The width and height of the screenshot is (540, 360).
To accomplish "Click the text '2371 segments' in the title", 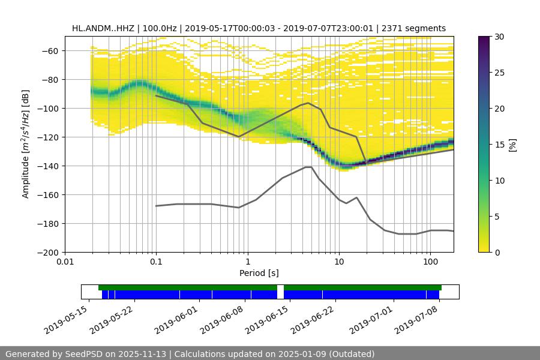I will (x=413, y=28).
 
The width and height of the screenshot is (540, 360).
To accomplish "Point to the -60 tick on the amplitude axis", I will (x=49, y=50).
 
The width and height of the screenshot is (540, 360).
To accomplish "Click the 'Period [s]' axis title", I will (x=259, y=273).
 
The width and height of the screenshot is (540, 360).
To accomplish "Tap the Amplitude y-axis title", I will (x=25, y=144).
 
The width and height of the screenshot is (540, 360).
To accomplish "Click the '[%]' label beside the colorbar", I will (x=512, y=144).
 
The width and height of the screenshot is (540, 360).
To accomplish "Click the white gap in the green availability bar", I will (x=280, y=287).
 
